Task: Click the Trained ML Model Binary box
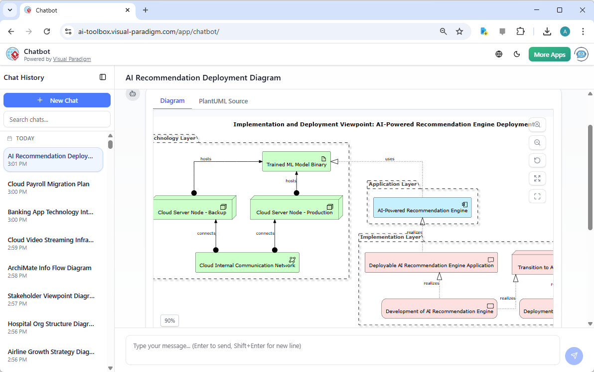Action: tap(297, 162)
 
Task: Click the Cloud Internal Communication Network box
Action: tap(247, 263)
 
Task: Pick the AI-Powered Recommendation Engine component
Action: tap(422, 208)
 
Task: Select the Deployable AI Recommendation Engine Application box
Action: tap(431, 263)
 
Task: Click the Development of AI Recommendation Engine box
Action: tap(439, 309)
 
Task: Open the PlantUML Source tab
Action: tap(223, 101)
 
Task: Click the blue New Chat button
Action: tap(57, 100)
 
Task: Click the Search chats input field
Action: tap(57, 119)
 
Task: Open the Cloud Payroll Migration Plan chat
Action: tap(49, 184)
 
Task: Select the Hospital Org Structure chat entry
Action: tap(51, 324)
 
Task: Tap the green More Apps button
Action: tap(549, 54)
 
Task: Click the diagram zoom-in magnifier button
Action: tap(537, 124)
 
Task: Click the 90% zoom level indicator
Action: tap(169, 321)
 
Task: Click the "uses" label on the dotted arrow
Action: tap(390, 159)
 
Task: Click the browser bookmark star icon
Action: tap(459, 31)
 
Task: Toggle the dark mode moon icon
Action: tap(517, 54)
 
